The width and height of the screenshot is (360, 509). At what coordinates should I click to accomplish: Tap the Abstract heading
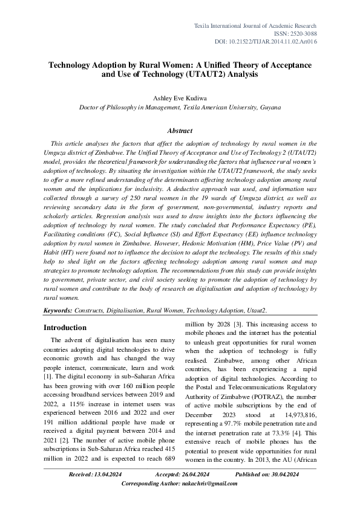180,131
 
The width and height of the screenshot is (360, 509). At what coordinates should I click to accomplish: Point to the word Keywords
57,310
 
